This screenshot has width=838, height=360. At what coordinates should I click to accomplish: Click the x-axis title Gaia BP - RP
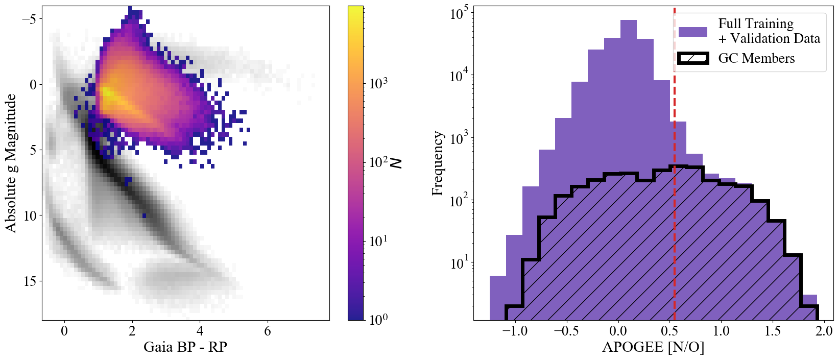pyautogui.click(x=185, y=347)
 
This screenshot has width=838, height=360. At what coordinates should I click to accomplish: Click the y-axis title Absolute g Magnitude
pyautogui.click(x=11, y=163)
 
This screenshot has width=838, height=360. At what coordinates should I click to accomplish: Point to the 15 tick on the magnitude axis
pyautogui.click(x=30, y=281)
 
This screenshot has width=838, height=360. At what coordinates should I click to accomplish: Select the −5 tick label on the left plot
pyautogui.click(x=29, y=19)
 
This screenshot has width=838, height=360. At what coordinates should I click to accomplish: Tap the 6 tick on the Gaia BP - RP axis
pyautogui.click(x=268, y=331)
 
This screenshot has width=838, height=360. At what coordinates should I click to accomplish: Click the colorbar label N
pyautogui.click(x=396, y=163)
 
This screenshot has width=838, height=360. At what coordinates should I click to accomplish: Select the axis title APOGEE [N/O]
pyautogui.click(x=653, y=347)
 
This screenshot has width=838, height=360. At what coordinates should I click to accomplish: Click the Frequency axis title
pyautogui.click(x=437, y=163)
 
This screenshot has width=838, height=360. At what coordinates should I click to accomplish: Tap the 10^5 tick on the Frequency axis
pyautogui.click(x=459, y=14)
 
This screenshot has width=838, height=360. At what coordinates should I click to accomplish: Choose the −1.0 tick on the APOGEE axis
pyautogui.click(x=515, y=331)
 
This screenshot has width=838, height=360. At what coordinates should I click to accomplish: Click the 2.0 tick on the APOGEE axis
pyautogui.click(x=824, y=331)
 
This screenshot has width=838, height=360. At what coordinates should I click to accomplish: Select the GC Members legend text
pyautogui.click(x=756, y=58)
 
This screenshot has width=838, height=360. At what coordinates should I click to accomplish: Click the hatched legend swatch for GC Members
pyautogui.click(x=692, y=58)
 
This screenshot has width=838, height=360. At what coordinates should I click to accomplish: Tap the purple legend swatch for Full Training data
pyautogui.click(x=692, y=32)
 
